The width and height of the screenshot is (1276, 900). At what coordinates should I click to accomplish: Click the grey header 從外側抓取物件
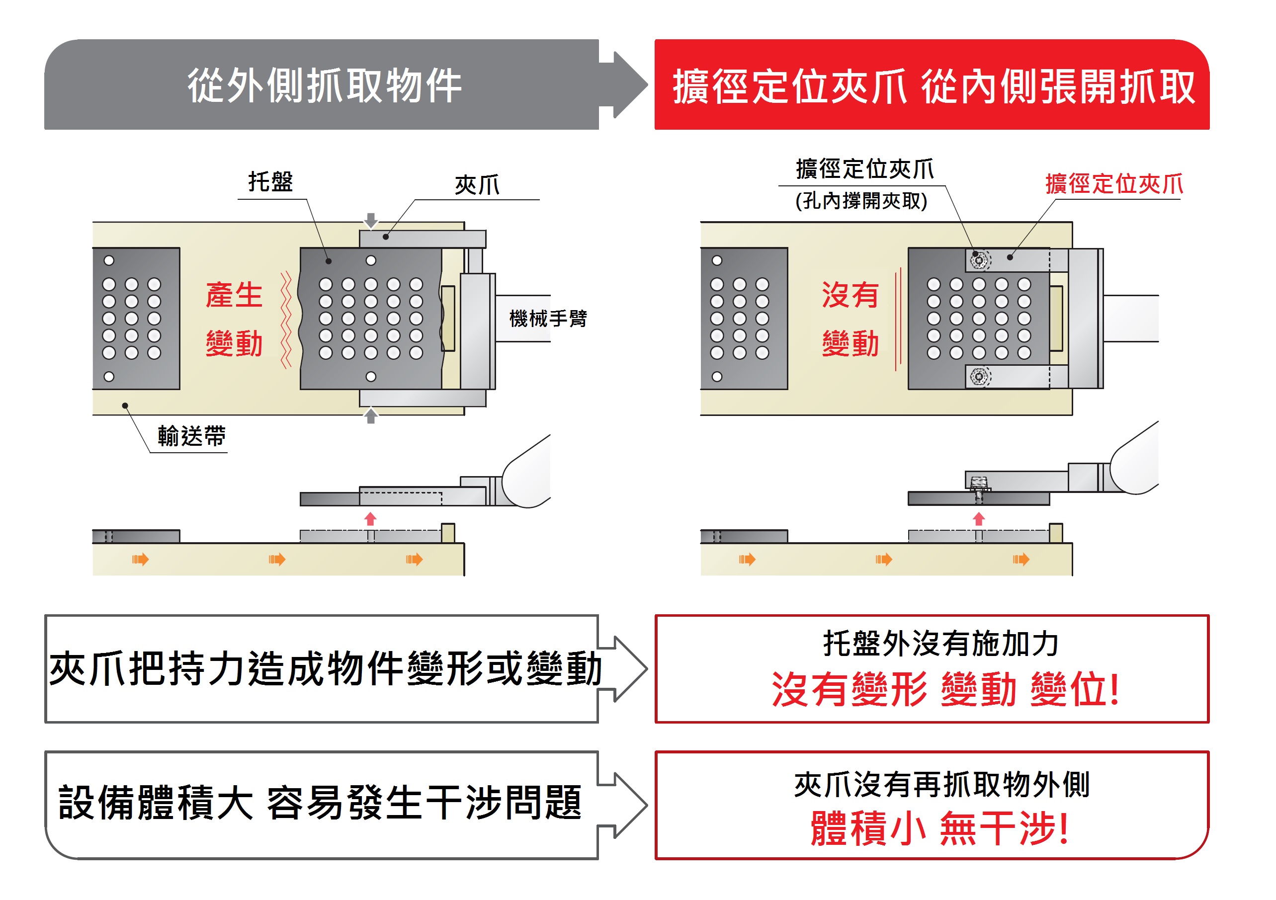(x=325, y=85)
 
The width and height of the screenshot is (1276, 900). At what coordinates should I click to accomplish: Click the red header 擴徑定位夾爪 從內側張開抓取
(x=934, y=86)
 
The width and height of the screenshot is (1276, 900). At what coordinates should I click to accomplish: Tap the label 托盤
(x=270, y=182)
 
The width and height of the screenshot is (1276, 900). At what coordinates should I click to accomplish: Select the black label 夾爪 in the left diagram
(x=477, y=185)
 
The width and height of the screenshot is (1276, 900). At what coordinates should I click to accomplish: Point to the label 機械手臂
(x=547, y=319)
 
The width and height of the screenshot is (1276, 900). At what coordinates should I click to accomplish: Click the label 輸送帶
(x=191, y=436)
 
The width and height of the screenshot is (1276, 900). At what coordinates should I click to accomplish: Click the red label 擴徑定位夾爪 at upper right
(x=1114, y=184)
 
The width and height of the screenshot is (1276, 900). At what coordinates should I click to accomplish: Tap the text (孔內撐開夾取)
(x=861, y=201)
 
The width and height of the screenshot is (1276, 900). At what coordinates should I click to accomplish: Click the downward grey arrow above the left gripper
(x=371, y=221)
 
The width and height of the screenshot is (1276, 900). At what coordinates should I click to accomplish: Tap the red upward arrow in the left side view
(x=370, y=519)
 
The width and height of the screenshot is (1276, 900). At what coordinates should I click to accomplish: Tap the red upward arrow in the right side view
(x=979, y=519)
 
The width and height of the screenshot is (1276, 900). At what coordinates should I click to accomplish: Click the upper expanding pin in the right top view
(x=979, y=260)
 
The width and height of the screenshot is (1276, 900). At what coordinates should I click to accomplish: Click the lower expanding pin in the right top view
(x=979, y=377)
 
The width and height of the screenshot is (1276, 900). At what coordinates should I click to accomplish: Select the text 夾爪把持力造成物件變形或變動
(x=326, y=669)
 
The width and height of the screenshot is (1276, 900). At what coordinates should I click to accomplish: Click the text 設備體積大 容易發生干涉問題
(x=320, y=803)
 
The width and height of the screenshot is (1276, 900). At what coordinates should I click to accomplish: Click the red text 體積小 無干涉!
(x=939, y=828)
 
